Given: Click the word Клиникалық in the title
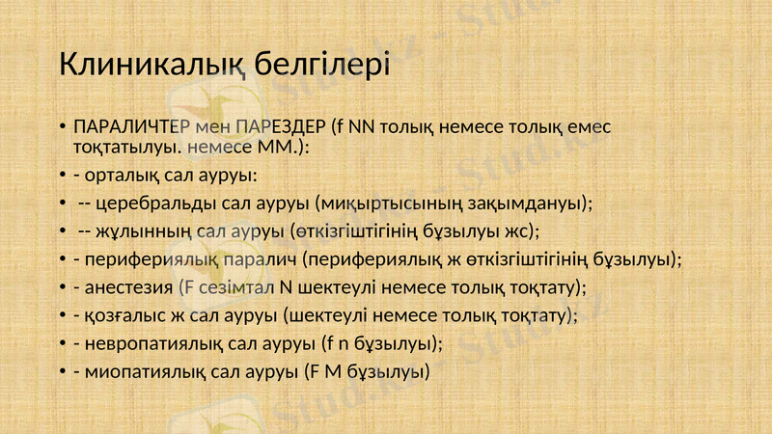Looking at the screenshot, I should click(x=154, y=66).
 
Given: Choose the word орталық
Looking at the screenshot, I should click(x=117, y=176).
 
